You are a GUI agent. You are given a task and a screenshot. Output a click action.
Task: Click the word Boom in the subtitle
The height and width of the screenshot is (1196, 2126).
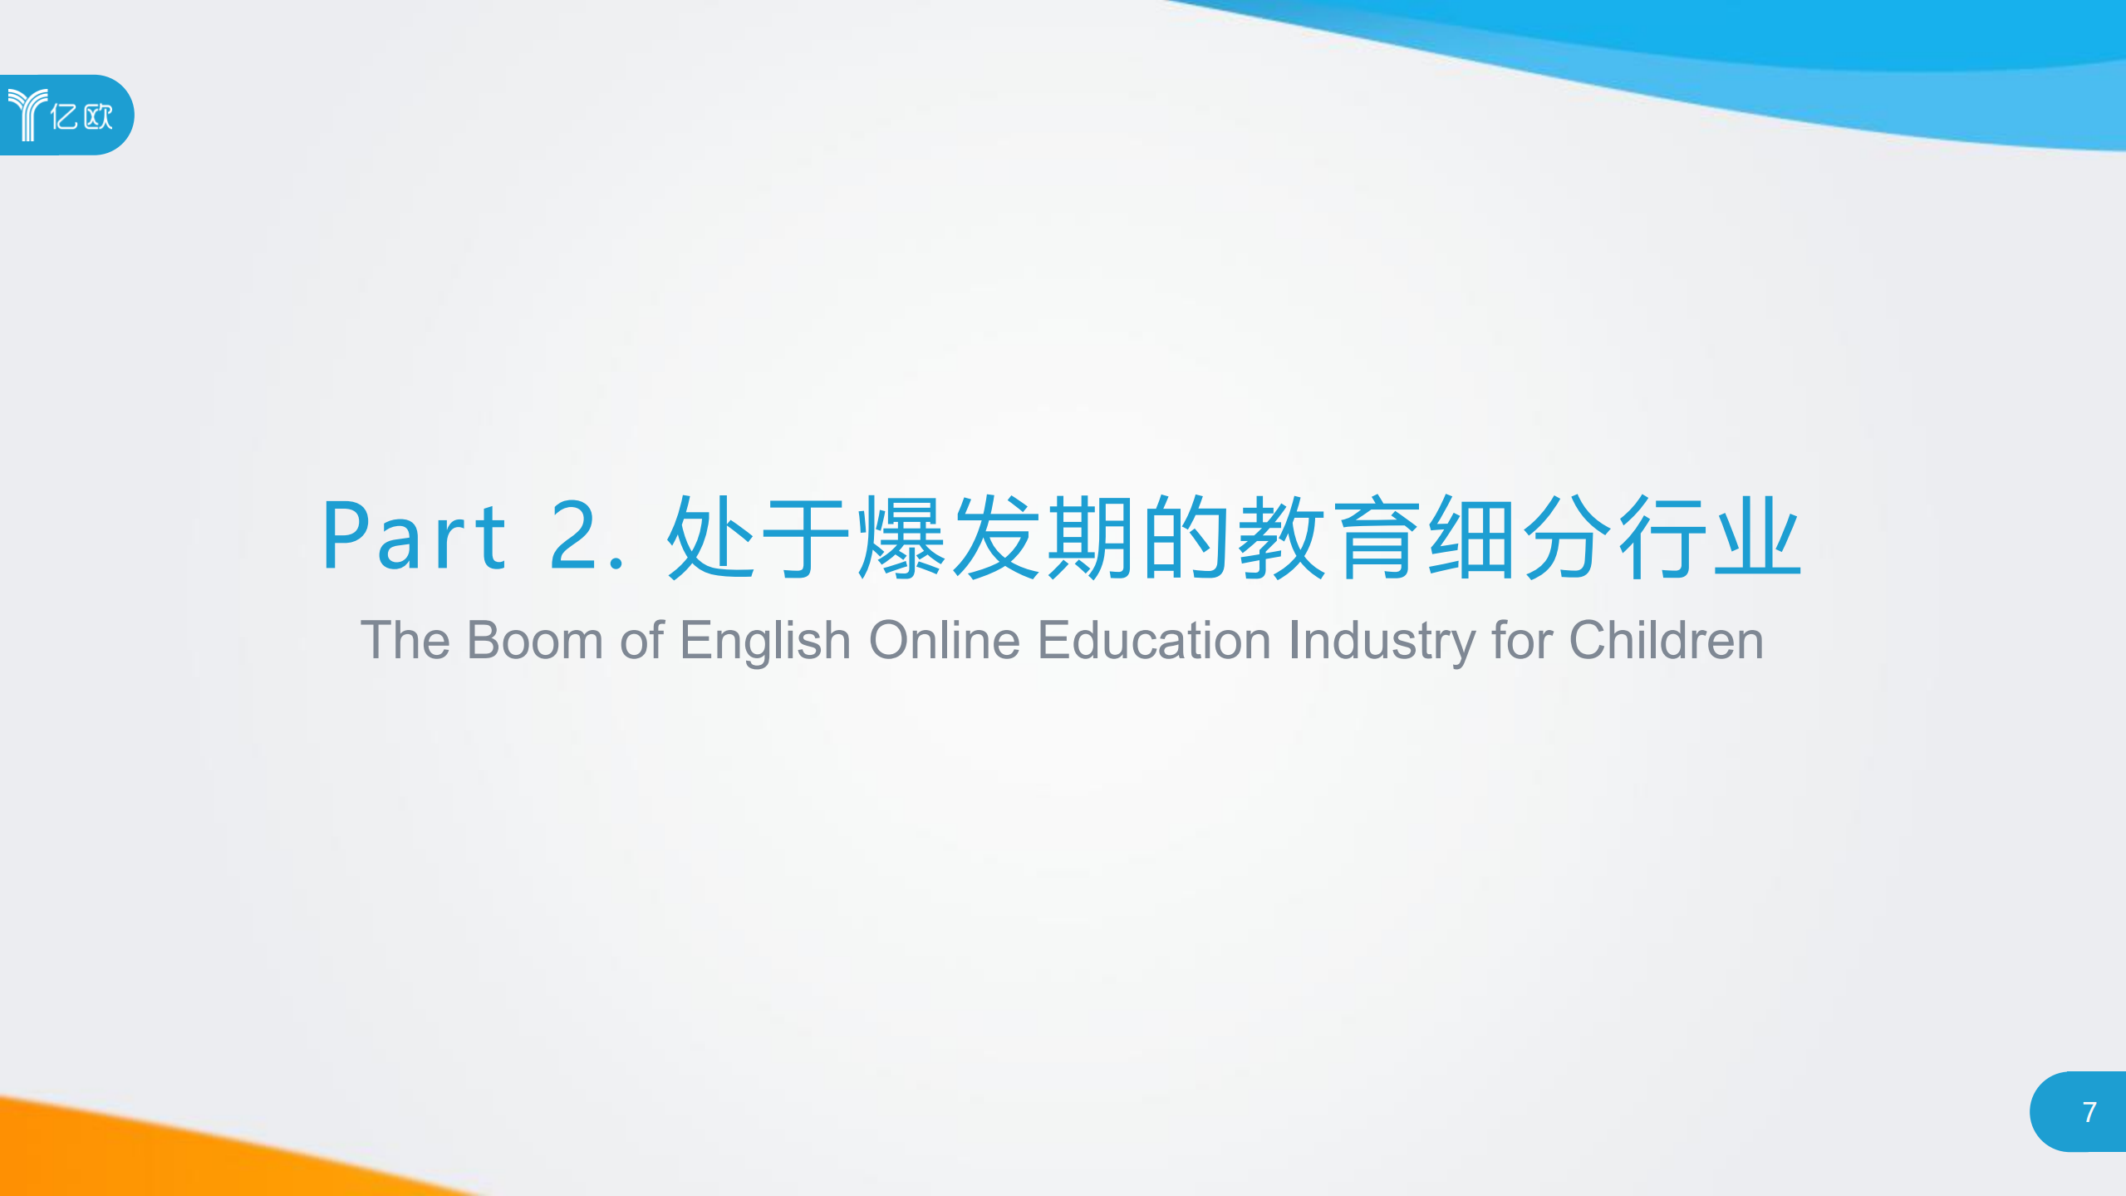(534, 640)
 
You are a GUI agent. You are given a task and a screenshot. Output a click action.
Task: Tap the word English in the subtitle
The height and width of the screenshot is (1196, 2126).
(764, 640)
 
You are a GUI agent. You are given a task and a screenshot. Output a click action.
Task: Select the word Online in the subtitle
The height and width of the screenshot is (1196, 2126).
(944, 640)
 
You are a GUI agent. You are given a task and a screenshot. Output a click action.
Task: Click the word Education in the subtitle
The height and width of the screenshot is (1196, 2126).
(1154, 640)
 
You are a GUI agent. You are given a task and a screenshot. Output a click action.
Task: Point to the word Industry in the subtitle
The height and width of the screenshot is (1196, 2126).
(1380, 640)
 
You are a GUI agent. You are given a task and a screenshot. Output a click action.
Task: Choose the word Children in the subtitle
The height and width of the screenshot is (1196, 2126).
(1666, 640)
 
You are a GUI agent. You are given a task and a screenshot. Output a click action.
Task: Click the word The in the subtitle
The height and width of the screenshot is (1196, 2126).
(405, 640)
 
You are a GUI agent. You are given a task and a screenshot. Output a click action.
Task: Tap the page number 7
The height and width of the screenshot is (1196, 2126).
(2089, 1112)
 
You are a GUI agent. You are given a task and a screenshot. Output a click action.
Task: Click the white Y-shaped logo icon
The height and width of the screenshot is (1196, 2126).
(27, 115)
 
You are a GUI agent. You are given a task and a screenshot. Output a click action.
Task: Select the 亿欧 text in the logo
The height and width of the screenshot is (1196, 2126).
(81, 116)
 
